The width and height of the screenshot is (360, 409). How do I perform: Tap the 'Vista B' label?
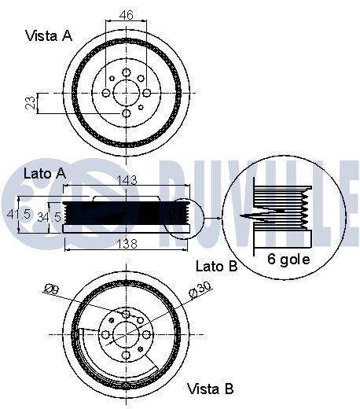(x=210, y=389)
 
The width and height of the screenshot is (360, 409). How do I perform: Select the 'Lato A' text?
(x=44, y=172)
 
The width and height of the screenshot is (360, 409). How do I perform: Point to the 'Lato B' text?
(x=216, y=267)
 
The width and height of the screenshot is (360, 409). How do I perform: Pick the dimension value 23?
(x=28, y=103)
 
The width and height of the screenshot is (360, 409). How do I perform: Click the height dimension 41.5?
(x=17, y=214)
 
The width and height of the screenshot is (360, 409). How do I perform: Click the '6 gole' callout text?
(x=288, y=259)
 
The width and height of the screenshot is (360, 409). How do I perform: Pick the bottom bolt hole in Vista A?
(x=126, y=114)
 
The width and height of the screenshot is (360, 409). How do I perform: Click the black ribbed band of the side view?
(x=126, y=213)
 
